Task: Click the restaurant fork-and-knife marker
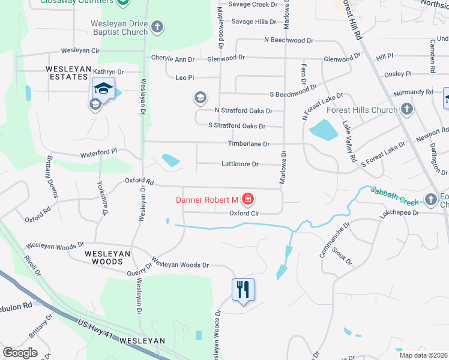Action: point(243,290)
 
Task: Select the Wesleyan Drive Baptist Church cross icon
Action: point(157,26)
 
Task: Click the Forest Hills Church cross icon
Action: point(407,109)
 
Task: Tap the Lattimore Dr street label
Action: point(240,164)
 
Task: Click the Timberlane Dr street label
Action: point(249,144)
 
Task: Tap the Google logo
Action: point(20,352)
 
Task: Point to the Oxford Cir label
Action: point(244,213)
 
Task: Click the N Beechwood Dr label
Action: point(289,40)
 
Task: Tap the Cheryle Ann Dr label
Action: point(173,59)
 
